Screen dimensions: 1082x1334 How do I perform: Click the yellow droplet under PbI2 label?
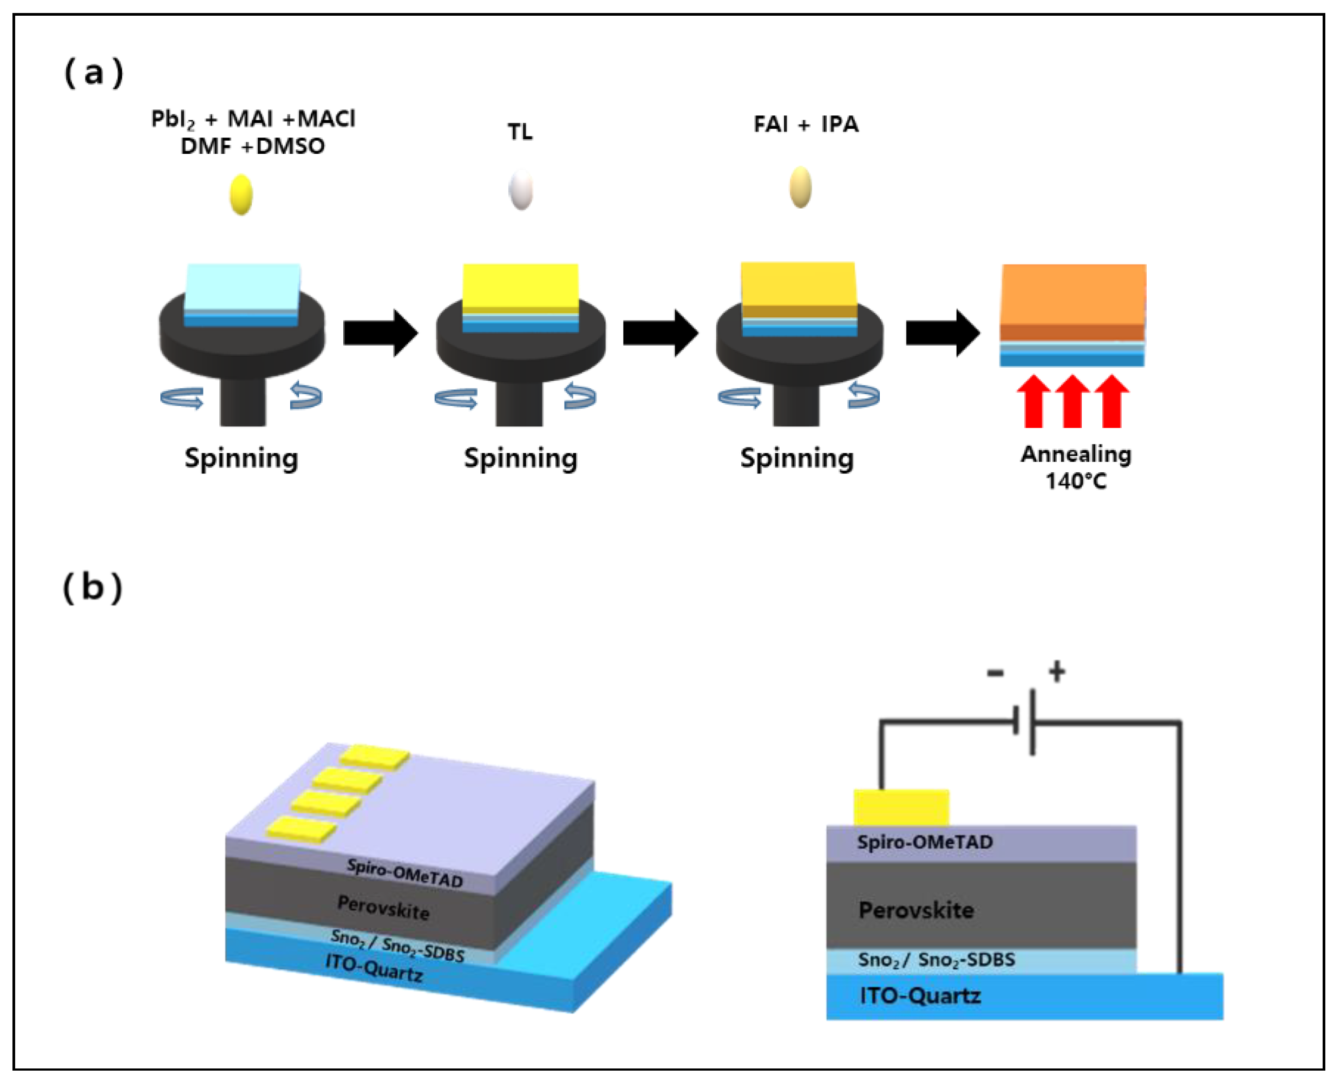tap(241, 194)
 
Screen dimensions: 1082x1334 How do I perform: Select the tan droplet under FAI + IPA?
tap(801, 187)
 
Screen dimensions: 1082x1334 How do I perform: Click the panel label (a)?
tap(94, 73)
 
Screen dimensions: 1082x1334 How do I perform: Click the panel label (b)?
tap(93, 588)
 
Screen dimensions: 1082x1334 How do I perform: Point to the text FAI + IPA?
tap(806, 125)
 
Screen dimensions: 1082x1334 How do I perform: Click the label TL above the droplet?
tap(520, 132)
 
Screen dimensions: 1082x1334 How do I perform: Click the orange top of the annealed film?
tap(1073, 293)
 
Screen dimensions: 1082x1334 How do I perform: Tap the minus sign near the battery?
tap(995, 673)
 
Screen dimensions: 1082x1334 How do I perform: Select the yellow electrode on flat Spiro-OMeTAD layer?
tap(901, 808)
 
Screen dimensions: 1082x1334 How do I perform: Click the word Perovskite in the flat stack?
tap(916, 910)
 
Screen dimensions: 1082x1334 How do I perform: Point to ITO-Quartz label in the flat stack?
tap(920, 996)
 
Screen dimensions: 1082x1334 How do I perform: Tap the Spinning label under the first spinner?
tap(241, 459)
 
